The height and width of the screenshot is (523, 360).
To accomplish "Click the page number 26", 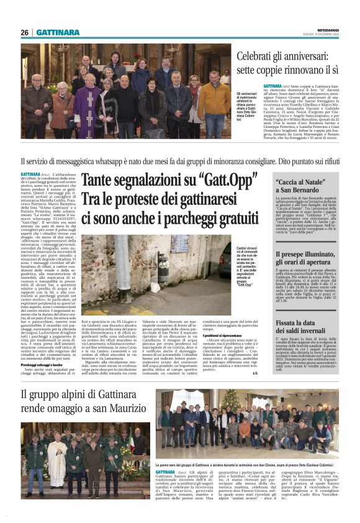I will click(x=25, y=32).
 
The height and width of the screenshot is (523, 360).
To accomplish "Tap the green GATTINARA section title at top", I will click(x=58, y=32).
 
